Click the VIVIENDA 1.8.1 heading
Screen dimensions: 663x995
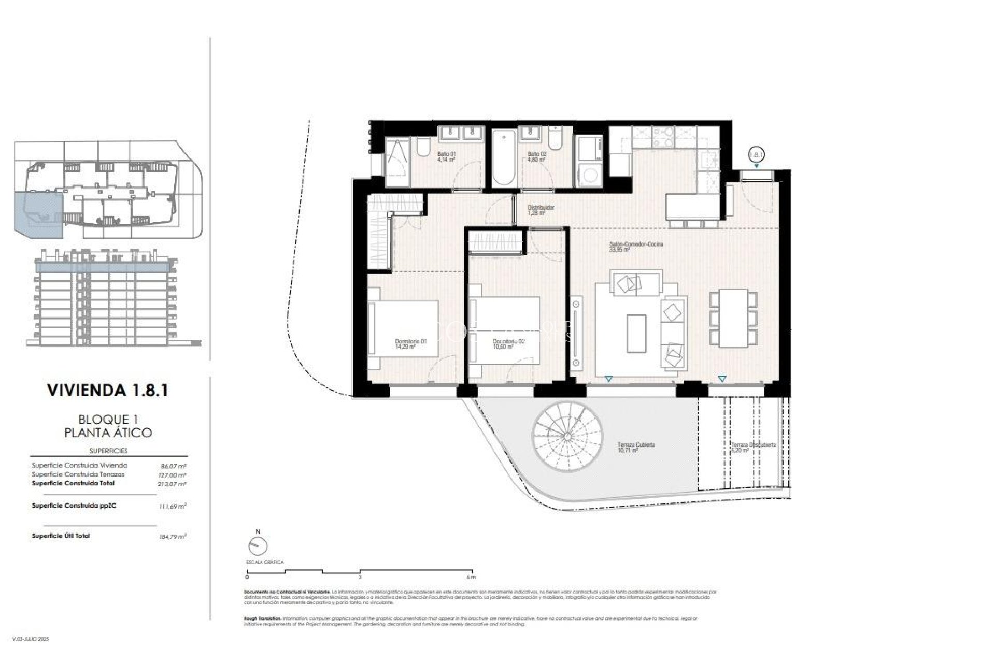107,390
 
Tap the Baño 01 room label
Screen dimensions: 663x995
446,157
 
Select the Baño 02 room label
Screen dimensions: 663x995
536,157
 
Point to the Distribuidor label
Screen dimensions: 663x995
541,210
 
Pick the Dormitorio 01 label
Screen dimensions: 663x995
410,344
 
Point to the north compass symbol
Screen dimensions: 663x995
258,545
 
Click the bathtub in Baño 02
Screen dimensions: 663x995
503,158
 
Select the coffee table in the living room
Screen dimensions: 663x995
636,333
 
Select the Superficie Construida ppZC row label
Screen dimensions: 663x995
74,505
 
